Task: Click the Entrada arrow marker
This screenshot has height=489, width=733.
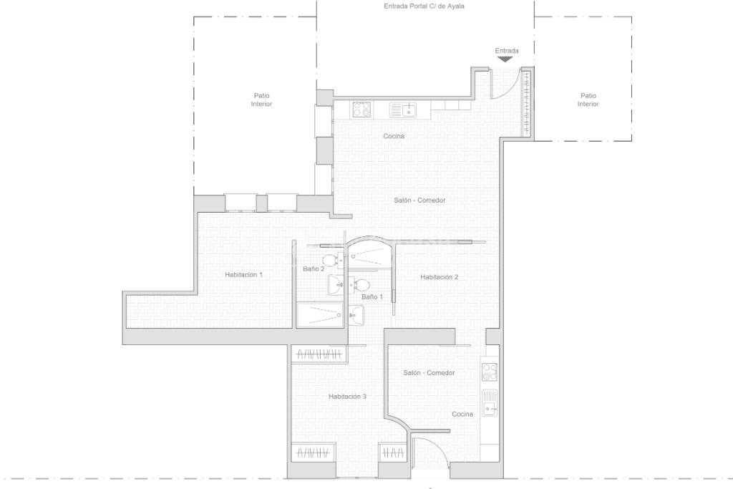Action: click(506, 59)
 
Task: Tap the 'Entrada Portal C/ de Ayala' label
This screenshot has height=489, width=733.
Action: click(424, 6)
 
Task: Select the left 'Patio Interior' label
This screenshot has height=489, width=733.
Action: click(261, 100)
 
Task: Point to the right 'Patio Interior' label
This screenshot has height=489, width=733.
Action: click(588, 100)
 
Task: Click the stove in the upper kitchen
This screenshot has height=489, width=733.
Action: click(361, 110)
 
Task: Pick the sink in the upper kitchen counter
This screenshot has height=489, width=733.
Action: click(403, 110)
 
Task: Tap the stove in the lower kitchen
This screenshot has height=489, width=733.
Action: click(490, 372)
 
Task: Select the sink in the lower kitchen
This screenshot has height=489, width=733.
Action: click(490, 402)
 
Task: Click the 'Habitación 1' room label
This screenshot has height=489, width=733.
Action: click(243, 274)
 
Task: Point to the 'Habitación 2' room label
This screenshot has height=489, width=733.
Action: click(439, 277)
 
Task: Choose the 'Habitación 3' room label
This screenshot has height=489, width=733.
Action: click(347, 397)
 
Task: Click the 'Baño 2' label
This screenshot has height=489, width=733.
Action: click(314, 268)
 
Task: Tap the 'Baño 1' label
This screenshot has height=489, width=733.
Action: click(372, 297)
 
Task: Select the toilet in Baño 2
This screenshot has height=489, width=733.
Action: click(333, 261)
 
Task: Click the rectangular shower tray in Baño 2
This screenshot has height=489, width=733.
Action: click(320, 315)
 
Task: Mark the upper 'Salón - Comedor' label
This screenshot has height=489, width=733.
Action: click(419, 200)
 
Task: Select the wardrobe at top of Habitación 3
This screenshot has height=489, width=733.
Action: click(319, 354)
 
